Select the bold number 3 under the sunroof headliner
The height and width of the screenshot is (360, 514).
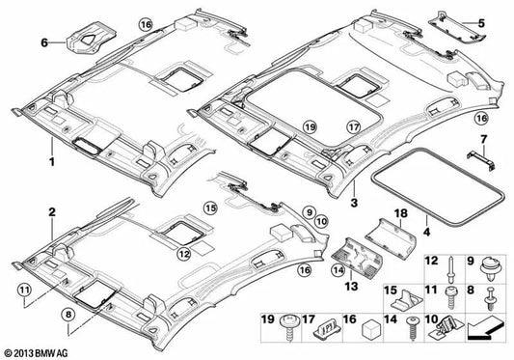coord(355,202)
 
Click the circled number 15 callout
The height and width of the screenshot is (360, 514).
coord(209,208)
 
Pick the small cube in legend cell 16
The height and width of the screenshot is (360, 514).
coord(372,339)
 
